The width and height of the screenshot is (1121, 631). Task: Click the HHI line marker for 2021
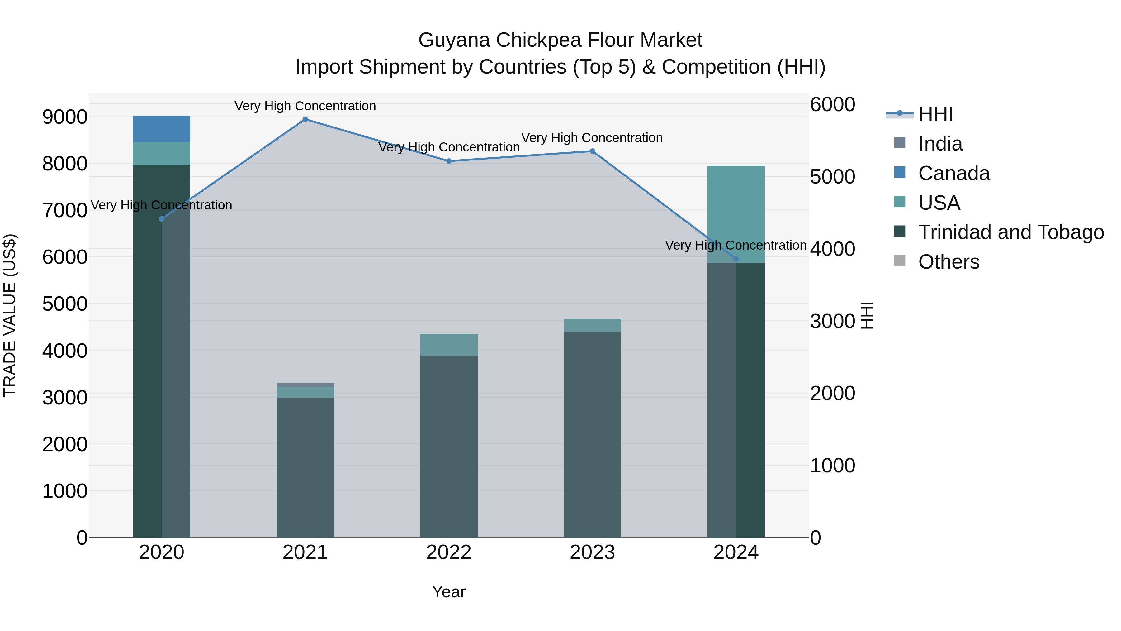click(x=305, y=119)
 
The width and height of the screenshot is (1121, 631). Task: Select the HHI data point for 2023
click(x=592, y=151)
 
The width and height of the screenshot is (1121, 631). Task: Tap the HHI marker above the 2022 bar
click(x=449, y=161)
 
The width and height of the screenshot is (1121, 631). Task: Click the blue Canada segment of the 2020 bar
click(x=161, y=129)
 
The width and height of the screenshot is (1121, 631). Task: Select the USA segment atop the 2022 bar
click(x=449, y=345)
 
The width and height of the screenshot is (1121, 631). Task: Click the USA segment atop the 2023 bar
click(x=592, y=325)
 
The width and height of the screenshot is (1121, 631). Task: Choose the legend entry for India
click(x=940, y=144)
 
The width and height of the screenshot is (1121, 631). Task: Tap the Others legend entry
click(x=949, y=262)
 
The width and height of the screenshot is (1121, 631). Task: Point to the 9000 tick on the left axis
click(x=64, y=117)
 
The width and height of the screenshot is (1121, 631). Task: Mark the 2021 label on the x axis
click(x=305, y=552)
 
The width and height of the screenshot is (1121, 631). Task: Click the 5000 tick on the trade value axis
click(x=64, y=304)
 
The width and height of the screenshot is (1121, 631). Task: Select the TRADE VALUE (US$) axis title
click(x=10, y=315)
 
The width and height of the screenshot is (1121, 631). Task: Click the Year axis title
click(x=449, y=592)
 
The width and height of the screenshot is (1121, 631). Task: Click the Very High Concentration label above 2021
click(x=305, y=106)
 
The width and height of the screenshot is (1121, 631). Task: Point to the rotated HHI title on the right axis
click(x=866, y=315)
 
